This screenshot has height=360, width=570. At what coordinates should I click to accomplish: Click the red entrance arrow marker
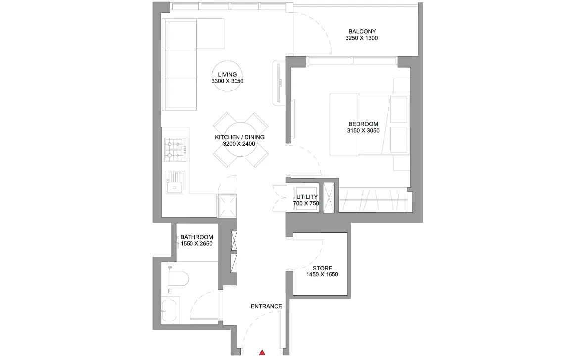click(x=262, y=353)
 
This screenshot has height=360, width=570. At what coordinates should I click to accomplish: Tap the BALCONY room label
click(x=362, y=31)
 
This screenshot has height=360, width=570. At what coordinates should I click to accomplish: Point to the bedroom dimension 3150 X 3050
click(x=363, y=131)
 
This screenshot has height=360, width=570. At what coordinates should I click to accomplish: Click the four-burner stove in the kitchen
click(x=176, y=150)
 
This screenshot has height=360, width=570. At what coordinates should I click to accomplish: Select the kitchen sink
click(x=175, y=182)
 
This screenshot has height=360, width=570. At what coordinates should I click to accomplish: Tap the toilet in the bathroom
click(x=178, y=279)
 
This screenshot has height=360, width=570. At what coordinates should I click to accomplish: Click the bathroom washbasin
click(x=169, y=310)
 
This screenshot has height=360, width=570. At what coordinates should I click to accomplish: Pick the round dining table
click(x=240, y=140)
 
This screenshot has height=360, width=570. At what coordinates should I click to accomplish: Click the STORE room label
click(x=323, y=268)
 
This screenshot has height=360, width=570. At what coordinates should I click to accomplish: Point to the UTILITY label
click(x=307, y=197)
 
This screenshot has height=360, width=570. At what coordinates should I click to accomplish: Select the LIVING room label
click(x=227, y=75)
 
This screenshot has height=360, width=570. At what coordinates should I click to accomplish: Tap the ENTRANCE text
click(x=267, y=306)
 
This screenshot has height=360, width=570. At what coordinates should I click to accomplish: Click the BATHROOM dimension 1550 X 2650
click(x=196, y=244)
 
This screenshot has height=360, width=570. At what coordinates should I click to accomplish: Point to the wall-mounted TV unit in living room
click(x=279, y=83)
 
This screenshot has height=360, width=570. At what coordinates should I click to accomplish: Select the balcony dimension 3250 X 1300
click(x=362, y=38)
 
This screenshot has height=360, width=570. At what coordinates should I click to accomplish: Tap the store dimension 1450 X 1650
click(x=323, y=274)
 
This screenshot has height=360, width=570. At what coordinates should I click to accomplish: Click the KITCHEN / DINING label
click(x=239, y=137)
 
